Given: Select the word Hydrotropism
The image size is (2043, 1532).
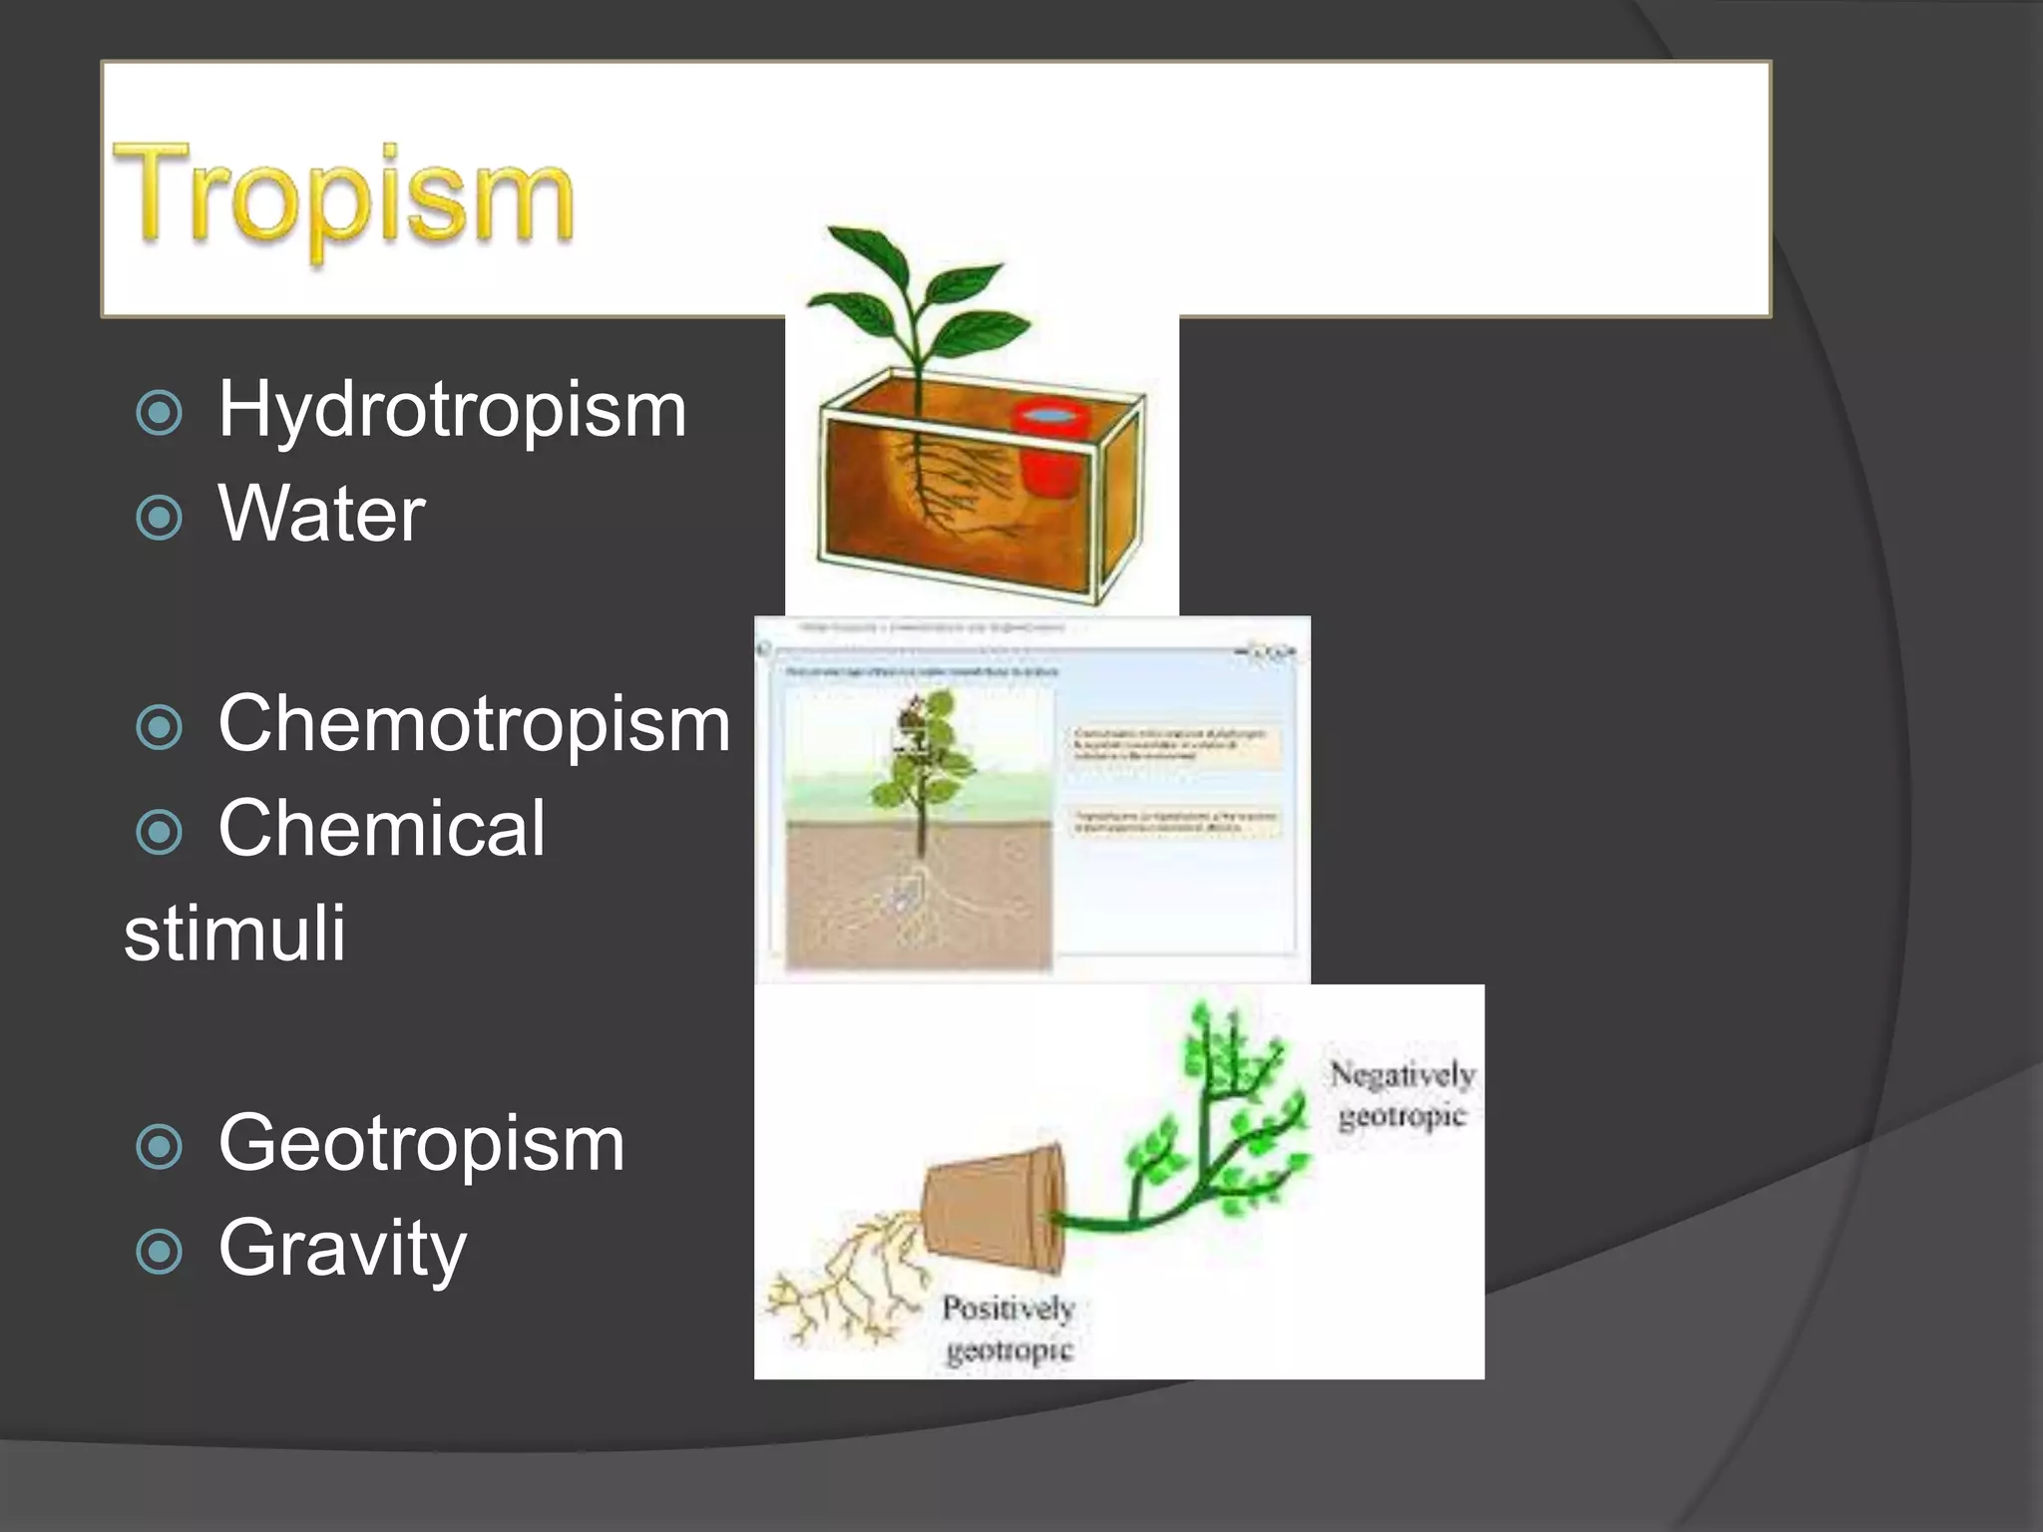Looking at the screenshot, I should (452, 409).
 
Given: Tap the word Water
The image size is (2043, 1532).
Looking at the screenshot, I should (321, 514).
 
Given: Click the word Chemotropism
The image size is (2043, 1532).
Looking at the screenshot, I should (474, 723).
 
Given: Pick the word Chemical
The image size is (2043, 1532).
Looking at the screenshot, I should (381, 828).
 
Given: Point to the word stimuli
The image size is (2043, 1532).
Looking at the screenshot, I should (234, 933).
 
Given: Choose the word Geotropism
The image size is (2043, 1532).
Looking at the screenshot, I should (421, 1143).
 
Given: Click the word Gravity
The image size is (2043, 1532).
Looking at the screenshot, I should (342, 1248).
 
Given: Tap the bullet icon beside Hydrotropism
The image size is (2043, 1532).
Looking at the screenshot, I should (159, 412).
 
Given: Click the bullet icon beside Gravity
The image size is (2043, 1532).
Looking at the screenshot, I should (159, 1251).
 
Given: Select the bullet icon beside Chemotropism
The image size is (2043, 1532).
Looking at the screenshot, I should (159, 727).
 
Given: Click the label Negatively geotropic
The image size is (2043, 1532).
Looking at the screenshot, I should (1402, 1095).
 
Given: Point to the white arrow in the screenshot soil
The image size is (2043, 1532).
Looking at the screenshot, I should (906, 896).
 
